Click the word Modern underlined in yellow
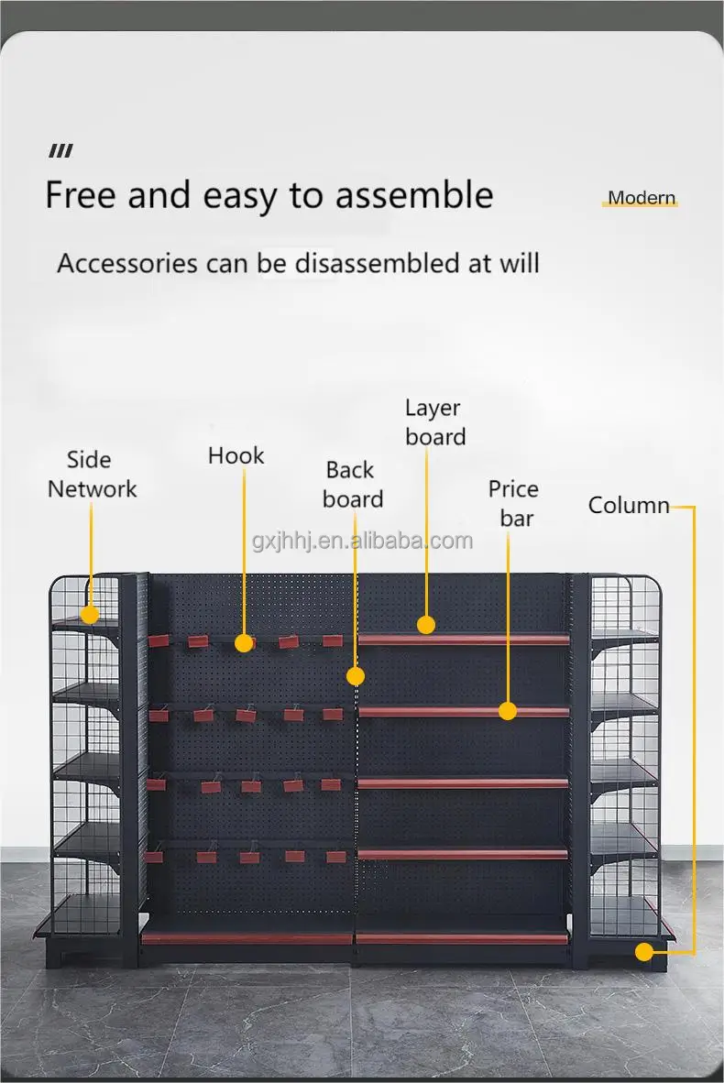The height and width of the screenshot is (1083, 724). [x=642, y=198]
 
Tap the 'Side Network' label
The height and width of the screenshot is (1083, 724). [x=92, y=475]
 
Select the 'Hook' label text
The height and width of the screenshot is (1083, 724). [x=236, y=455]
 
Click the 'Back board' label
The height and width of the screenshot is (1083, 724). [x=352, y=485]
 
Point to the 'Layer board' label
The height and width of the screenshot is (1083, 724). [x=434, y=422]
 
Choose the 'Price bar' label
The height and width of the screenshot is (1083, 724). [x=513, y=503]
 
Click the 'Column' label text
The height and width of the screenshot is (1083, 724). [x=629, y=505]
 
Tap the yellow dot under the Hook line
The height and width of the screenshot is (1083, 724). [x=244, y=643]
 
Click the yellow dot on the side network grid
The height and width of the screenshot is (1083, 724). [x=90, y=614]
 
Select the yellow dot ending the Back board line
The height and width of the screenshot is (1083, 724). [x=356, y=676]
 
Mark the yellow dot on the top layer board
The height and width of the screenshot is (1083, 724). [x=426, y=625]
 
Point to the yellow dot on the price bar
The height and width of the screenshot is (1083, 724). [x=508, y=710]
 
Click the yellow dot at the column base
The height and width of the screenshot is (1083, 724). [x=644, y=951]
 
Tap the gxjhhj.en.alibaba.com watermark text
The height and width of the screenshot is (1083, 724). [x=362, y=541]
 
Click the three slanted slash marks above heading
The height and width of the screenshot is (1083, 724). [x=60, y=151]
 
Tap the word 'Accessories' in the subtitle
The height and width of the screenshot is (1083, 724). [x=126, y=264]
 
